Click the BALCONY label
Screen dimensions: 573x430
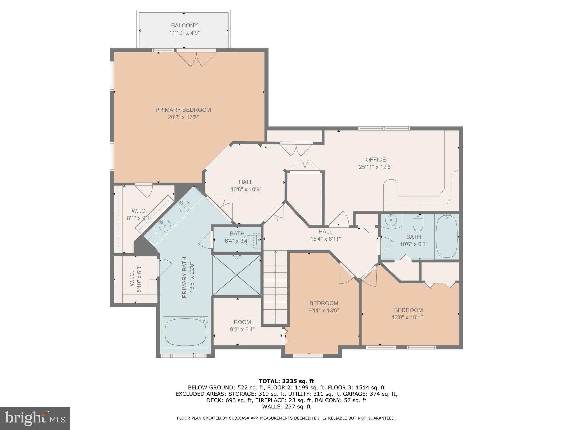pyautogui.click(x=184, y=25)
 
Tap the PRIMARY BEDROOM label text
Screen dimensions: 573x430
pyautogui.click(x=183, y=110)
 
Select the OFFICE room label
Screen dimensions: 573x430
pyautogui.click(x=376, y=160)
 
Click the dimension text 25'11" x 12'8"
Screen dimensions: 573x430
pyautogui.click(x=376, y=167)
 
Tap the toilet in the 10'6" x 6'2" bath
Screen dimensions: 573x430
pyautogui.click(x=418, y=223)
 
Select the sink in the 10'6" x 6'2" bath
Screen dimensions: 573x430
pyautogui.click(x=391, y=221)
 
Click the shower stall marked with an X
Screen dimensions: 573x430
pyautogui.click(x=237, y=275)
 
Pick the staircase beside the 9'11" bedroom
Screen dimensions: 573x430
pyautogui.click(x=275, y=288)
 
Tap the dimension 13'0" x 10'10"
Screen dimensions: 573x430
pyautogui.click(x=408, y=317)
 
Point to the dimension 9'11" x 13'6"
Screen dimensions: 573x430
pyautogui.click(x=324, y=310)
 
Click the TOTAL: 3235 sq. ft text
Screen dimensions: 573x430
pyautogui.click(x=286, y=381)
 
